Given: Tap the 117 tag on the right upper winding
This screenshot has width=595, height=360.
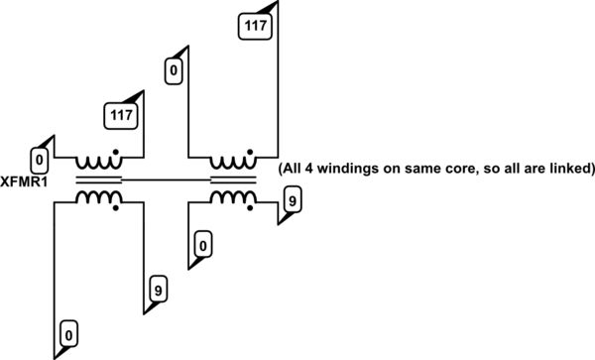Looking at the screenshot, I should (x=255, y=26).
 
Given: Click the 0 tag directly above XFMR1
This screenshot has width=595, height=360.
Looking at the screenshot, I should (x=40, y=159).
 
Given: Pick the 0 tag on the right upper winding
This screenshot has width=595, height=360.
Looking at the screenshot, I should (x=174, y=70).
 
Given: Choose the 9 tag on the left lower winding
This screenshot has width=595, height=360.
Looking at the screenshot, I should (x=157, y=291).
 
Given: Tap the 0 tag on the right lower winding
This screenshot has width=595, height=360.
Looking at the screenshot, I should (x=202, y=242).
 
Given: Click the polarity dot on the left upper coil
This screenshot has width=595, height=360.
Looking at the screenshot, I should (x=118, y=155).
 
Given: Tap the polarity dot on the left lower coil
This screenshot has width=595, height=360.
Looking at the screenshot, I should (x=118, y=206).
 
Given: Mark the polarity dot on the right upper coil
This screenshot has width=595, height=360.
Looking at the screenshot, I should (x=252, y=155).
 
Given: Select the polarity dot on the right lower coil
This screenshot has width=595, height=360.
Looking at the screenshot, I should (x=252, y=206).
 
